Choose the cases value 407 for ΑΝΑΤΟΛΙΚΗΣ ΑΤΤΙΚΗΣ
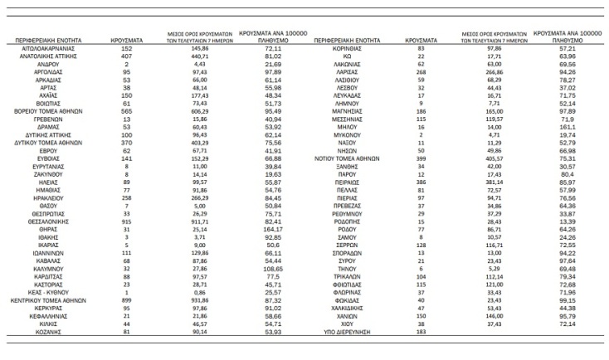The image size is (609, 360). point(127,56)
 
